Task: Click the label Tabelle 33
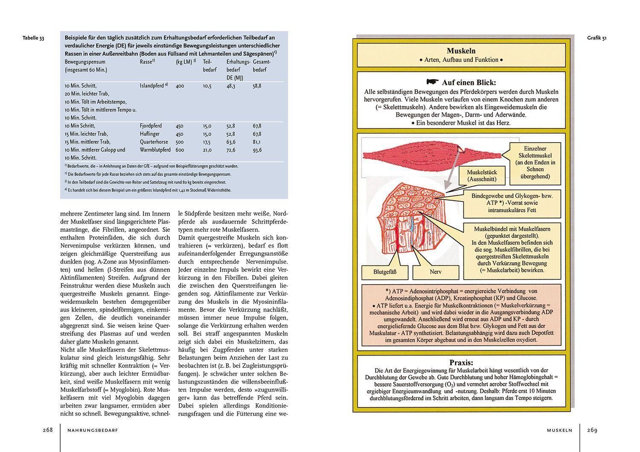[x=33, y=38]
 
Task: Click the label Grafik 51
[x=596, y=38]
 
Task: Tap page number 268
[x=47, y=430]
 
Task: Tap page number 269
[x=592, y=430]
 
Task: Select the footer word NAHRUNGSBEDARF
[x=93, y=431]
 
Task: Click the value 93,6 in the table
[x=257, y=150]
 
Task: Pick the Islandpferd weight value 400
[x=180, y=86]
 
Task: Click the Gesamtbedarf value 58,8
[x=257, y=86]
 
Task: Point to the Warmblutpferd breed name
[x=155, y=150]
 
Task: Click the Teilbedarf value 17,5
[x=207, y=142]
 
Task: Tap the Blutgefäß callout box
[x=378, y=272]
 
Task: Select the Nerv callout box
[x=436, y=272]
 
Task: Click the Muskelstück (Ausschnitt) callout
[x=481, y=176]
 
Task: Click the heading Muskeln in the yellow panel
[x=461, y=51]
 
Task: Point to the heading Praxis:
[x=461, y=362]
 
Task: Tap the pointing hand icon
[x=432, y=82]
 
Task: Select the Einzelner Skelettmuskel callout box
[x=535, y=162]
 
